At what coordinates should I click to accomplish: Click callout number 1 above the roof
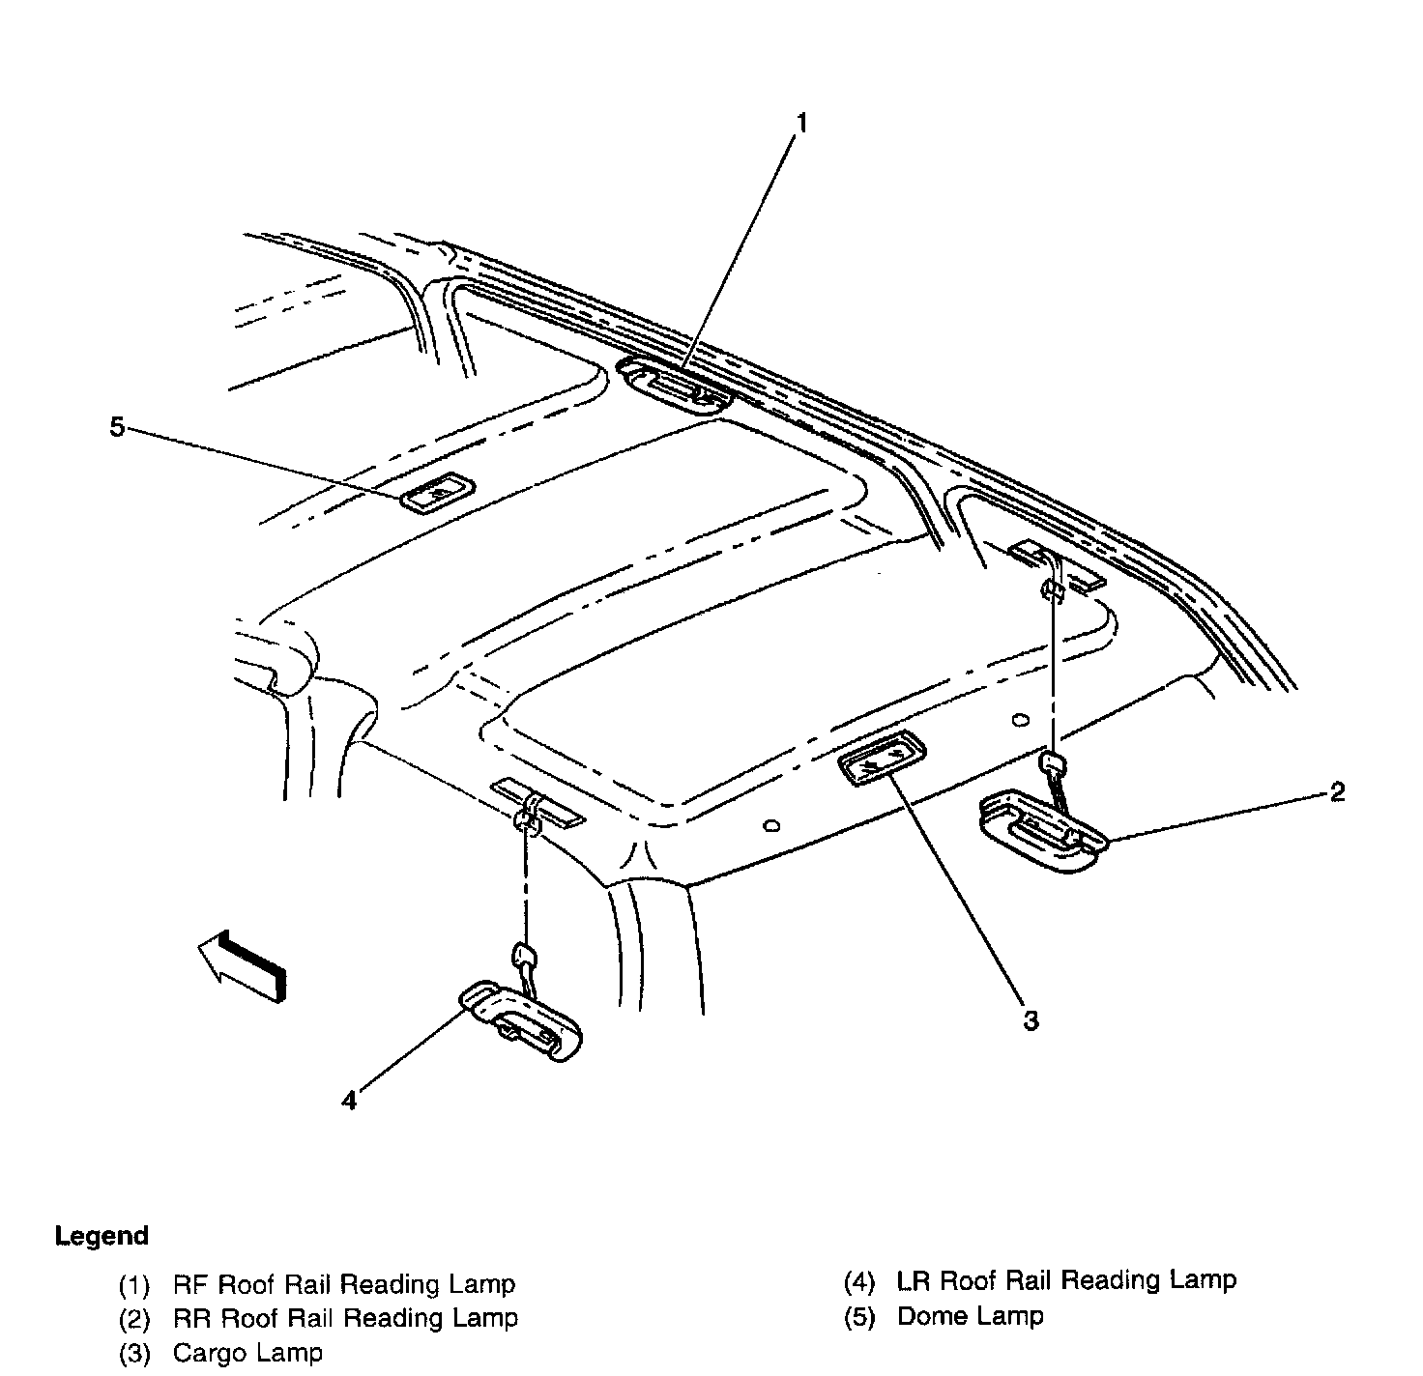[x=800, y=123]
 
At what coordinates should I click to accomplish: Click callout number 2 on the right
[x=1337, y=792]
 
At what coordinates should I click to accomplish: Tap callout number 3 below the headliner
[x=1031, y=1020]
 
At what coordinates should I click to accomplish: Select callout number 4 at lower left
[x=349, y=1100]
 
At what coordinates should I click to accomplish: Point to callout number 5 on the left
[x=117, y=426]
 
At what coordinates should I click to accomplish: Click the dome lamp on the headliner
[x=438, y=496]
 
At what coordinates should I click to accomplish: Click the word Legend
[x=102, y=1236]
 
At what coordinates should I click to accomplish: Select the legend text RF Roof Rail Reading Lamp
[x=344, y=1284]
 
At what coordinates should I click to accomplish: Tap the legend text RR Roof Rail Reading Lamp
[x=345, y=1318]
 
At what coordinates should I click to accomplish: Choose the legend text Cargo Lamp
[x=247, y=1353]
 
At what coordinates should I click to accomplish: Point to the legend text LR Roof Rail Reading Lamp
[x=1066, y=1280]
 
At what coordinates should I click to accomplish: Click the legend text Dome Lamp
[x=970, y=1315]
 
